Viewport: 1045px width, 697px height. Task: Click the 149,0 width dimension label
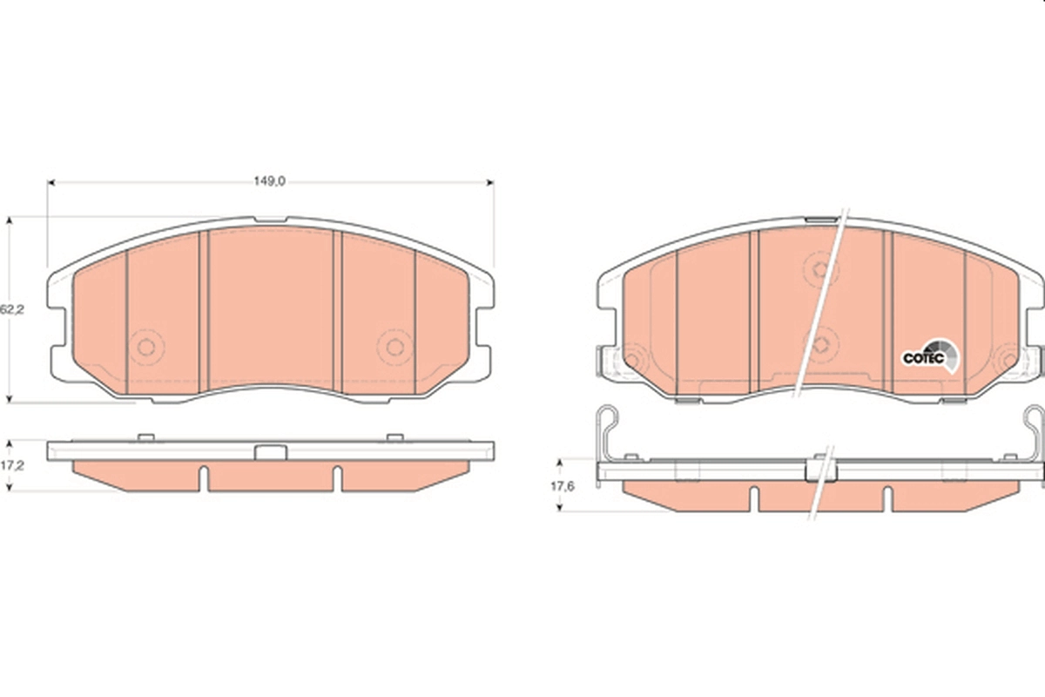coord(269,181)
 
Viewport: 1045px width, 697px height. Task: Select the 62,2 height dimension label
coord(12,309)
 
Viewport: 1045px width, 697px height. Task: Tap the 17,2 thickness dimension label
coord(12,465)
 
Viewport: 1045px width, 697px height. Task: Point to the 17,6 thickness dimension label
coord(563,486)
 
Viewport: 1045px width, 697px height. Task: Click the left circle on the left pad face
coord(146,347)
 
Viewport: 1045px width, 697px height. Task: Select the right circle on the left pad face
coord(394,347)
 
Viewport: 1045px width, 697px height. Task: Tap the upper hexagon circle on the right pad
coord(820,269)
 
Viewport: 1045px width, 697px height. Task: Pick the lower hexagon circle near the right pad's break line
coord(821,345)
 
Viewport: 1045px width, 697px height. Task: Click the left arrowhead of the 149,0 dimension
coord(51,183)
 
